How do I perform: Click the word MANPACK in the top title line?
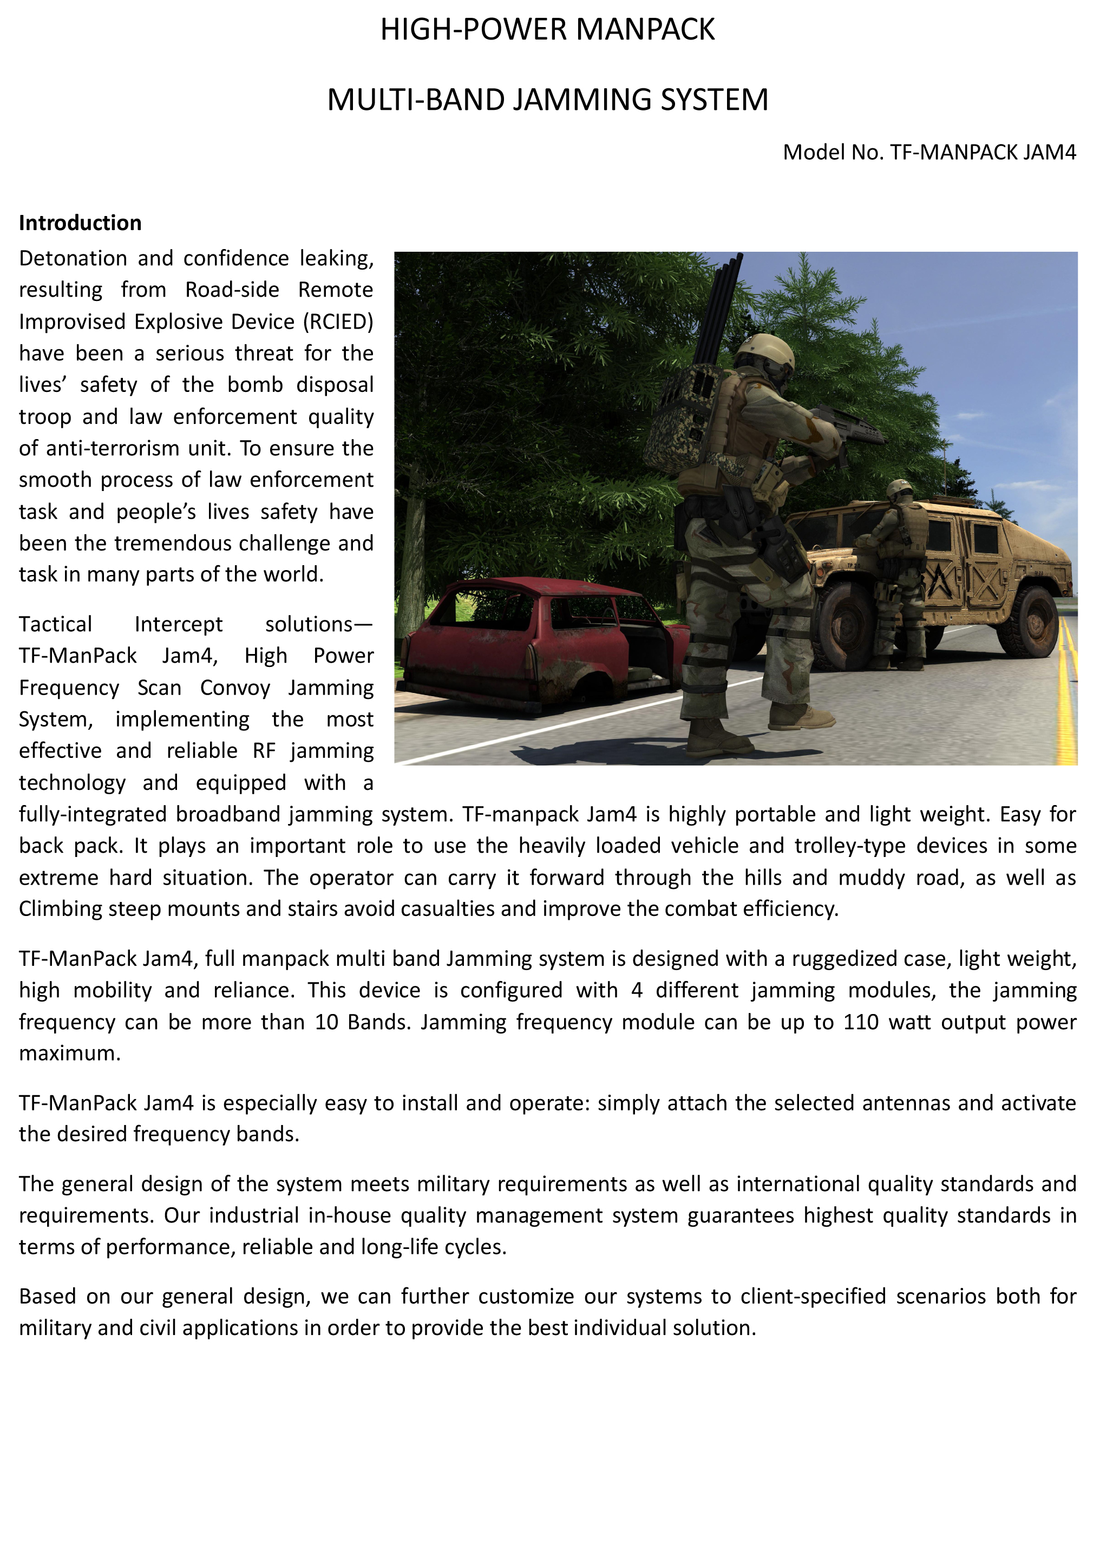[645, 30]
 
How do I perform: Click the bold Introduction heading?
[80, 223]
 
